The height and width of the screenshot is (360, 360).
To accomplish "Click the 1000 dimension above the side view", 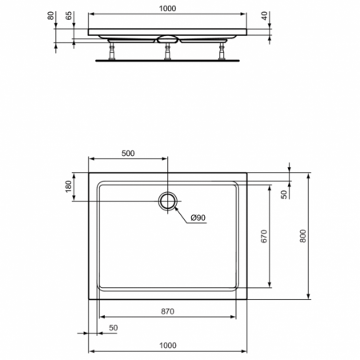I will point(167,8).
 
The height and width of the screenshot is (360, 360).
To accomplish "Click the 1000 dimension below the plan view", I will point(167,345).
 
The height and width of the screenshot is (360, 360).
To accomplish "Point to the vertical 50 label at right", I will point(285,194).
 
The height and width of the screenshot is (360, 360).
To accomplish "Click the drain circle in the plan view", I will point(168,201).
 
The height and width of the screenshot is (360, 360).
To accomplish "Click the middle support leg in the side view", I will point(168,51).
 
